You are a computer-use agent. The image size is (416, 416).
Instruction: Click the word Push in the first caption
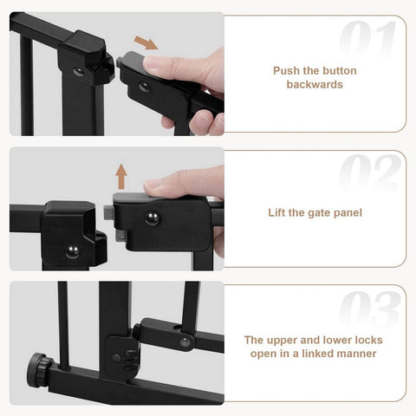click(x=288, y=71)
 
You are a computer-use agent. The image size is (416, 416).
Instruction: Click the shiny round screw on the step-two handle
click(x=152, y=218)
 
